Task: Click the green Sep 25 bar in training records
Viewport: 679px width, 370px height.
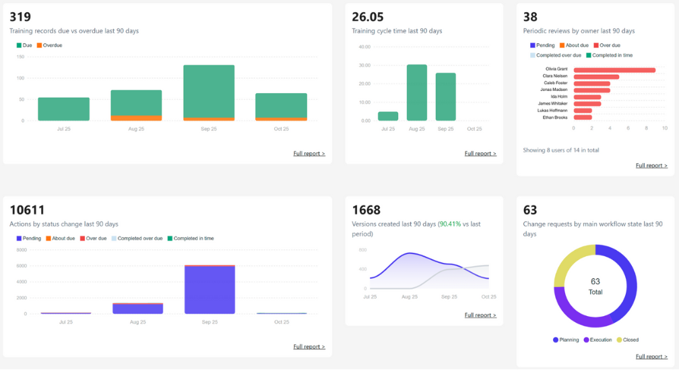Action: (209, 91)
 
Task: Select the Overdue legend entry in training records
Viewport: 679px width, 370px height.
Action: (49, 45)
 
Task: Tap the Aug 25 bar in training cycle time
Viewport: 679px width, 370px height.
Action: (416, 92)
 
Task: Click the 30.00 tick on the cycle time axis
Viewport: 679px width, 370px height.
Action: (364, 65)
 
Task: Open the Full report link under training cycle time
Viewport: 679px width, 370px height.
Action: (480, 154)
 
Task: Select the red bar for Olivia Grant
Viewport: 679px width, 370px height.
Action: (614, 69)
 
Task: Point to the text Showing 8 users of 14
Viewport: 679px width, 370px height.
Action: (560, 150)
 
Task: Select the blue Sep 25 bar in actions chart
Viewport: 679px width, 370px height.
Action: (209, 290)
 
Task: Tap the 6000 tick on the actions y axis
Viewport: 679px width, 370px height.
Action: (21, 266)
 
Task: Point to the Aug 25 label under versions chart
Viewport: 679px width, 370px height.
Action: (409, 297)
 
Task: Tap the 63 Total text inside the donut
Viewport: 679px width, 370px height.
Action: (595, 286)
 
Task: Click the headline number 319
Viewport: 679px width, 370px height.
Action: (20, 17)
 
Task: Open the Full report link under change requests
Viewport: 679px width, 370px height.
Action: (651, 357)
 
